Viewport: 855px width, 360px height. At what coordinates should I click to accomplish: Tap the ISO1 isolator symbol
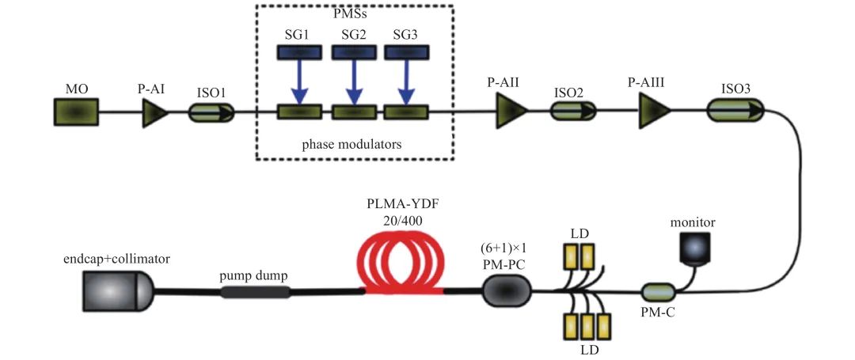pos(211,113)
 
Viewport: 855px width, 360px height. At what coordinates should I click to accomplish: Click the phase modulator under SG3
pos(405,113)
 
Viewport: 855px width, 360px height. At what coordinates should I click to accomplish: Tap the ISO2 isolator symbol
pos(573,113)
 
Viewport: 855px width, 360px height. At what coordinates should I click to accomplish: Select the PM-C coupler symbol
pos(657,292)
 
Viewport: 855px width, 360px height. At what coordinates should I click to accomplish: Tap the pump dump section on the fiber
pos(255,292)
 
